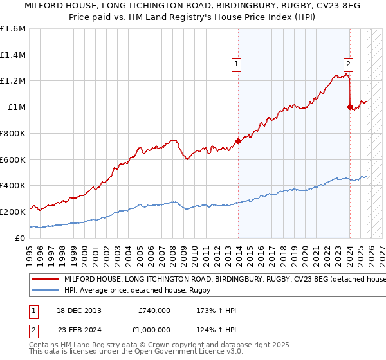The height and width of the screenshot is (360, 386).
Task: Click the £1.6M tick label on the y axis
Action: coord(13,29)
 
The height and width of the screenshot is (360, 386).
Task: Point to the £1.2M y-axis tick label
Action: coord(13,81)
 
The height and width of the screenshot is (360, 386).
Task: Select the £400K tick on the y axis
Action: coord(13,185)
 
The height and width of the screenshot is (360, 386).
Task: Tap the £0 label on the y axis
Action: coord(21,237)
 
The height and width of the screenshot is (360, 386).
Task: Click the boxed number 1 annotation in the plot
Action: coord(237,64)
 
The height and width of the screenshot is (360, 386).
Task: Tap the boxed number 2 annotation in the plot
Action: coord(348,64)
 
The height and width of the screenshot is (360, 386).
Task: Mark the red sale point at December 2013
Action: coord(238,141)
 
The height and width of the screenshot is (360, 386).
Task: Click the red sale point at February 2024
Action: coord(350,107)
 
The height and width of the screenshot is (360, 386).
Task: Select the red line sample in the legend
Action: coord(45,279)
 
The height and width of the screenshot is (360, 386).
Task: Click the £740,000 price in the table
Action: coord(154,310)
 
